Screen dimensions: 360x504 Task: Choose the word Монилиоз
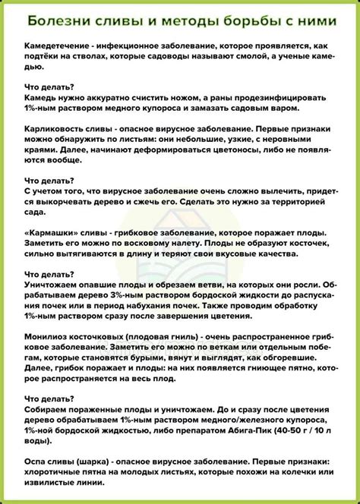click(48, 351)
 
